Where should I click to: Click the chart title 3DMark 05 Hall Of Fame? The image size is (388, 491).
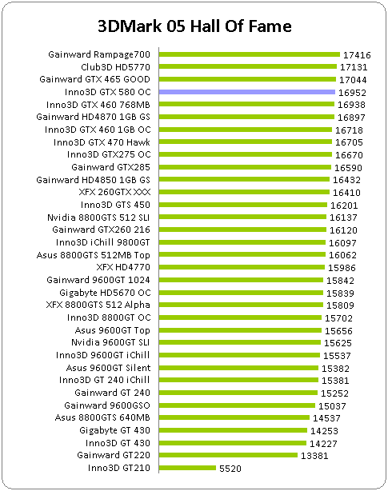pos(194,26)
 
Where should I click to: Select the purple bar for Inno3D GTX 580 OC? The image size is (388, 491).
pos(247,92)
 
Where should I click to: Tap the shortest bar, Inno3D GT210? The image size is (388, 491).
pos(187,468)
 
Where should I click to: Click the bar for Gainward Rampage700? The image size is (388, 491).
pos(250,54)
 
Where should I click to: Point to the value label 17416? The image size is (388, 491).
pos(357,55)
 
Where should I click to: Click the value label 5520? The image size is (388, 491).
pos(230,469)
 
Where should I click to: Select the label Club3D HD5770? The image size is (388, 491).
pos(115,67)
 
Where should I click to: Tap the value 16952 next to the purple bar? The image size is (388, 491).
pos(352,93)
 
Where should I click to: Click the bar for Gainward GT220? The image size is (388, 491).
pos(228,455)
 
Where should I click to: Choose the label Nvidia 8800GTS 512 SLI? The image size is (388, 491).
pos(98,218)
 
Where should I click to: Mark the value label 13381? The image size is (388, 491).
pos(314,456)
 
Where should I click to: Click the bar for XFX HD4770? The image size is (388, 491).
pos(242,267)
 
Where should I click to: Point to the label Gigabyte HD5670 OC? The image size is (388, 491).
pos(105,293)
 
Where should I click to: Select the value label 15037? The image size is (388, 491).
pos(332,406)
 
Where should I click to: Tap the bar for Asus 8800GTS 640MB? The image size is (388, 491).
pos(234,417)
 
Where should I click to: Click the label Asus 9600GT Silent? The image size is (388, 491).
pos(108,368)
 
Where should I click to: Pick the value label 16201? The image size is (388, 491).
pos(344,206)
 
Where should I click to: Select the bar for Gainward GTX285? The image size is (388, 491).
pos(245,167)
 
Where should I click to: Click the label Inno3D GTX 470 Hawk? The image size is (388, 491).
pos(102,142)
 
